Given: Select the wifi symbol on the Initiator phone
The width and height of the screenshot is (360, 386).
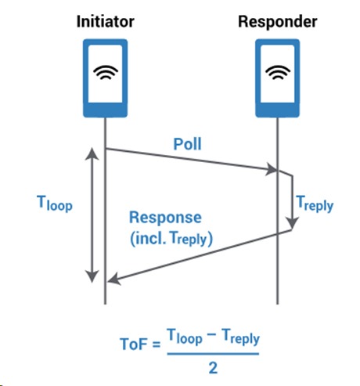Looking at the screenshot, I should tap(104, 72).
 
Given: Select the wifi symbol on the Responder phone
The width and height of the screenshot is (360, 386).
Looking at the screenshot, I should tap(277, 72).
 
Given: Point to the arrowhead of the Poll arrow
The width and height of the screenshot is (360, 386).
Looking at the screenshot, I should tap(275, 169).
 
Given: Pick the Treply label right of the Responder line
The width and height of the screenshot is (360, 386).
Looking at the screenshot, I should tap(315, 205).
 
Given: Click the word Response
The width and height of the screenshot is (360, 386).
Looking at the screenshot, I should tap(165, 217).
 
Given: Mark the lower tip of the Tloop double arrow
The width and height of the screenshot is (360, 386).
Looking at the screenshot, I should tap(92, 280).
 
